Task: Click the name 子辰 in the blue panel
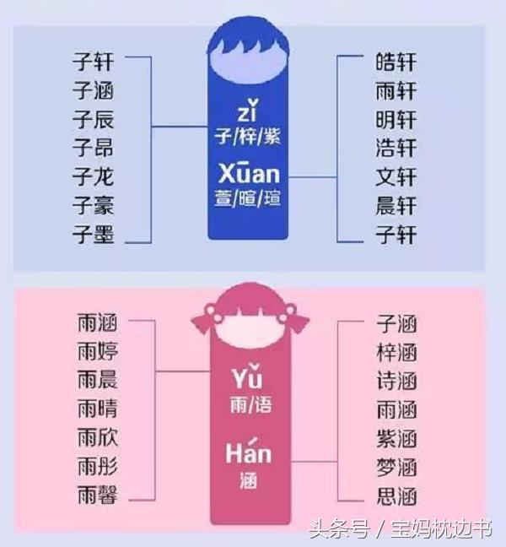click(93, 119)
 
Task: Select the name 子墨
click(93, 235)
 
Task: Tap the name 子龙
click(93, 177)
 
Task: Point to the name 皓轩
click(396, 62)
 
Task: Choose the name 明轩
click(396, 119)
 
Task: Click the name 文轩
click(396, 177)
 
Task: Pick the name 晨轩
click(396, 206)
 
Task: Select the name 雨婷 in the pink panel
click(97, 352)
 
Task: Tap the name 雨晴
click(97, 409)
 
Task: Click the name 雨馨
click(97, 496)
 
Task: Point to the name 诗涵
click(396, 381)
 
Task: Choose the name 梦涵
click(396, 467)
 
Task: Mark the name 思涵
click(396, 496)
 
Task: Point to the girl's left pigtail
click(202, 321)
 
